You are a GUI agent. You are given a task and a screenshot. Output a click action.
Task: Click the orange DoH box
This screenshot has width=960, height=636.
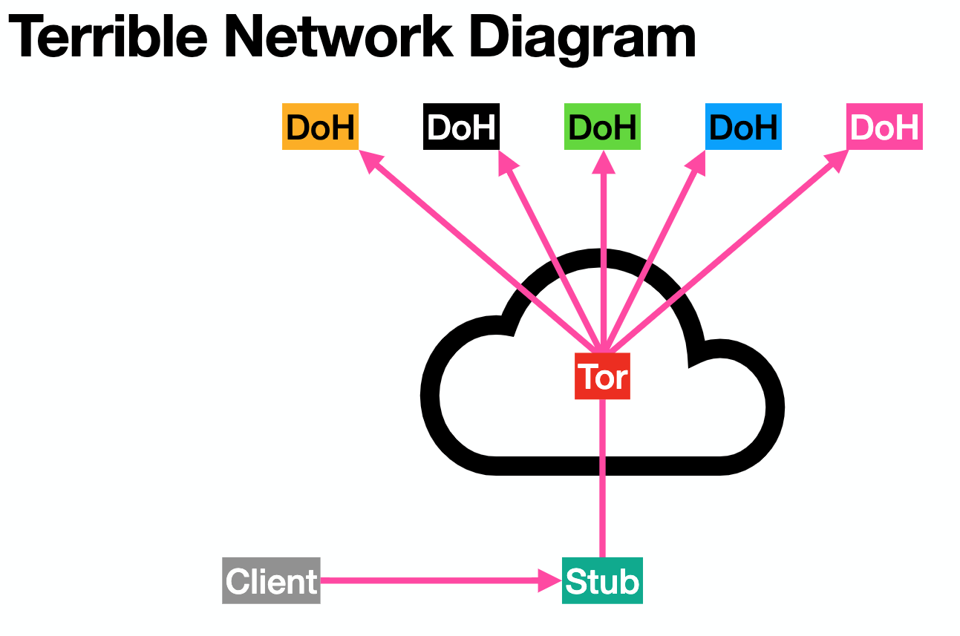click(320, 128)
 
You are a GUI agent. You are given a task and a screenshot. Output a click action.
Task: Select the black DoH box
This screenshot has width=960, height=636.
click(461, 128)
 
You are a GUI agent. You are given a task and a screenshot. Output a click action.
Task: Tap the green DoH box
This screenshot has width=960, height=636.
click(602, 128)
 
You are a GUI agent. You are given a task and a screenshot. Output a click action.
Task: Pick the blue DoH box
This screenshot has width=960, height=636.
click(742, 128)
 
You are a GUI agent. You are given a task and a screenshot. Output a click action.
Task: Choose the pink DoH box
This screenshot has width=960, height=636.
click(884, 128)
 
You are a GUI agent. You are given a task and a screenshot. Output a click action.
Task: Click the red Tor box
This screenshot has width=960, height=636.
click(602, 377)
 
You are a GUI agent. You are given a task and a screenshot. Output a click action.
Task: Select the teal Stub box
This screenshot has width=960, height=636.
click(602, 581)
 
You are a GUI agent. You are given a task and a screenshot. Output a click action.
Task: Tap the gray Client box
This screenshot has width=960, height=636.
click(271, 581)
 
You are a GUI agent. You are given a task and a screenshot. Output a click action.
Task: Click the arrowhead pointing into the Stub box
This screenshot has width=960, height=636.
click(549, 581)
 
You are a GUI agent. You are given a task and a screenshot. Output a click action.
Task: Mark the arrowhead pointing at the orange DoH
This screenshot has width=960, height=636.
click(370, 161)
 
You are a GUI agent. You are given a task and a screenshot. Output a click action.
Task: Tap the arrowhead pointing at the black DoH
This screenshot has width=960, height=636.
click(507, 163)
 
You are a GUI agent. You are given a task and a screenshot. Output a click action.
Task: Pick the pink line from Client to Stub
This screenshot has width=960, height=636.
click(431, 581)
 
